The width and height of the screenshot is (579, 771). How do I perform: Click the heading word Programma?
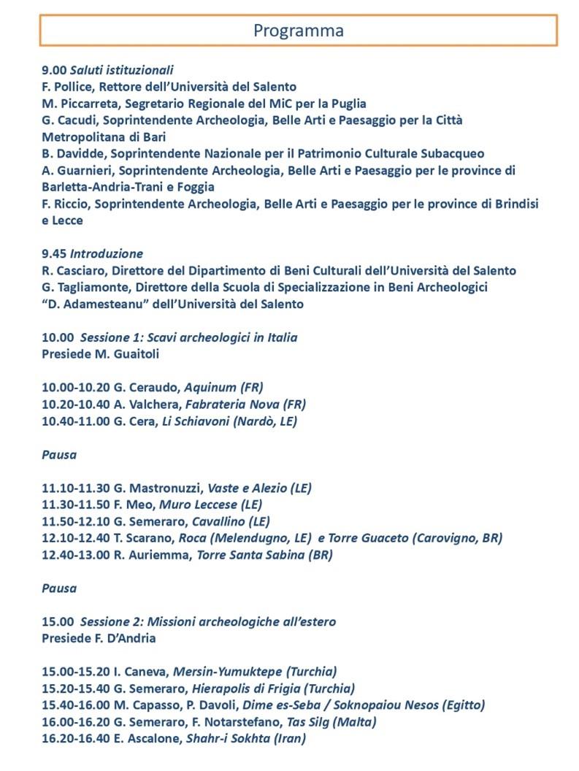(x=298, y=31)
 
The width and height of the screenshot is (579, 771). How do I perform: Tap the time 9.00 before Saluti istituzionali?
(x=54, y=70)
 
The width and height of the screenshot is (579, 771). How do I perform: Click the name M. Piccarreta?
(x=79, y=104)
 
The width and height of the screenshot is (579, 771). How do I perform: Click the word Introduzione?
(x=107, y=254)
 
